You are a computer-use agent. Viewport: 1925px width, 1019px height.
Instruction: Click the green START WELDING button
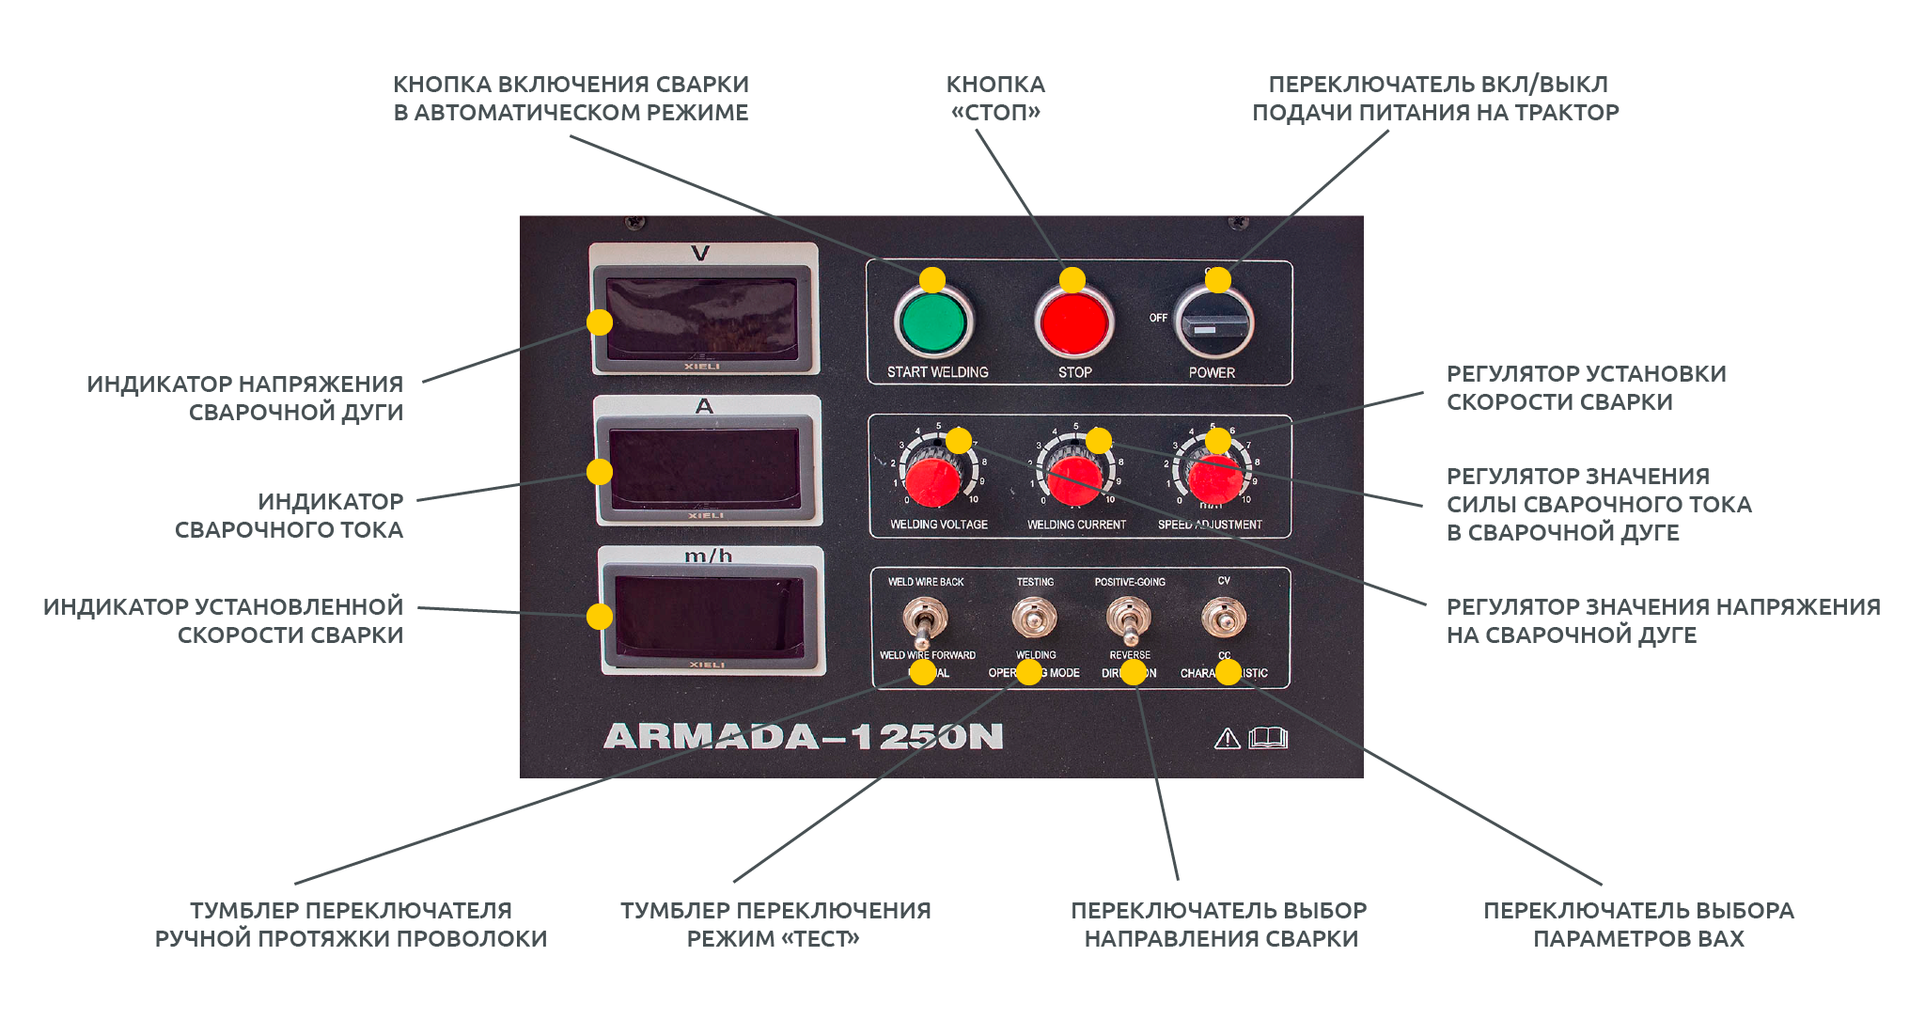932,322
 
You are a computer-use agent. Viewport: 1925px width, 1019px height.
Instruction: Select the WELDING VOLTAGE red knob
932,480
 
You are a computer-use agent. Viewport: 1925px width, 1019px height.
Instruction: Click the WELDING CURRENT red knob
1073,480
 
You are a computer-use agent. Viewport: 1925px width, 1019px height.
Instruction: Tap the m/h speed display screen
711,617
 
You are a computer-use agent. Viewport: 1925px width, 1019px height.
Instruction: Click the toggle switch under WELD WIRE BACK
923,619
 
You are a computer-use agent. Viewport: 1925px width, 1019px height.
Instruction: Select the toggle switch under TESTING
1034,618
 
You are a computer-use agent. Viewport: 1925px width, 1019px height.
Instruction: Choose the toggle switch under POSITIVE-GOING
1128,618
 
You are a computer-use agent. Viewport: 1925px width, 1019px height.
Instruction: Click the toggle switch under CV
1224,618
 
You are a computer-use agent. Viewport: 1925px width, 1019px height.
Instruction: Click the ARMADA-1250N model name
804,736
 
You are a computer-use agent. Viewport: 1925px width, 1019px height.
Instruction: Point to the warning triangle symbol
1227,739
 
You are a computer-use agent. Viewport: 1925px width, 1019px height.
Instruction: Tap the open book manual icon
1268,738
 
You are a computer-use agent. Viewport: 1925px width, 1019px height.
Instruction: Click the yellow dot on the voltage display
600,322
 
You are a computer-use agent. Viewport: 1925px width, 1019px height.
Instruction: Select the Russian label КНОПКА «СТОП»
995,98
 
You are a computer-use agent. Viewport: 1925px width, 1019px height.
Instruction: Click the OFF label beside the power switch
1158,318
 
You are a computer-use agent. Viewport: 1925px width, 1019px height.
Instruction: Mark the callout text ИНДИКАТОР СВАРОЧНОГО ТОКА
290,515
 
